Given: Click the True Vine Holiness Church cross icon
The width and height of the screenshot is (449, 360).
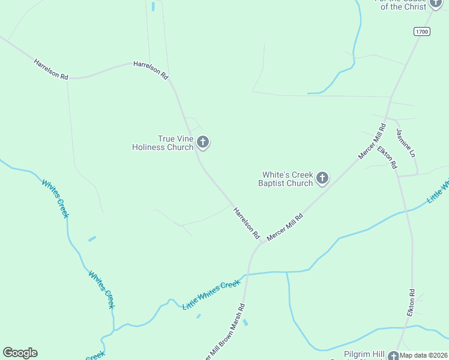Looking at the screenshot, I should [x=203, y=142].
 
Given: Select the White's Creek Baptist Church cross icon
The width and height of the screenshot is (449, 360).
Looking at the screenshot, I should [x=322, y=178].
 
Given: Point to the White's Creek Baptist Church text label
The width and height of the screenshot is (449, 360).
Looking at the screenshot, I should [x=286, y=179].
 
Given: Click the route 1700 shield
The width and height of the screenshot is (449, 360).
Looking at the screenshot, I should [x=421, y=31].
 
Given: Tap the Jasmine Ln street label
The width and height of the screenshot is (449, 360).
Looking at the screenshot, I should [x=405, y=143].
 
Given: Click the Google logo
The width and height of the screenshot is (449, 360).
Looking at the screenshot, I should [x=20, y=353].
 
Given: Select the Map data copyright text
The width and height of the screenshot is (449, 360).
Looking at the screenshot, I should [x=424, y=355].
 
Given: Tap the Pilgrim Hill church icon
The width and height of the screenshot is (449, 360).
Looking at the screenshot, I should [x=394, y=355].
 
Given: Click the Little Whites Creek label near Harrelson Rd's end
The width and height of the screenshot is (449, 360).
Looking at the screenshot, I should [x=211, y=295].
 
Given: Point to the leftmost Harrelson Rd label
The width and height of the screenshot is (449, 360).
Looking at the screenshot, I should [x=51, y=69].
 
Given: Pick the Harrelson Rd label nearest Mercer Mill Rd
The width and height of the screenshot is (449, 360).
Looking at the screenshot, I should [x=246, y=222].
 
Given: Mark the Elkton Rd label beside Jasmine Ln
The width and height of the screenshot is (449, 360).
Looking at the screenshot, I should [x=387, y=156].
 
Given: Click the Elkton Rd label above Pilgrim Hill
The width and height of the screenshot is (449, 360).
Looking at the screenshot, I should [x=411, y=303].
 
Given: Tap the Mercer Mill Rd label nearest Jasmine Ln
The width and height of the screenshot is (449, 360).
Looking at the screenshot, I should [x=372, y=142].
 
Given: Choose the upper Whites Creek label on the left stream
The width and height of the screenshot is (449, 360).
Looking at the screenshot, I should [x=55, y=198].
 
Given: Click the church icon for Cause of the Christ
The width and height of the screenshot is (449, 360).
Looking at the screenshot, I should [x=436, y=2].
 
